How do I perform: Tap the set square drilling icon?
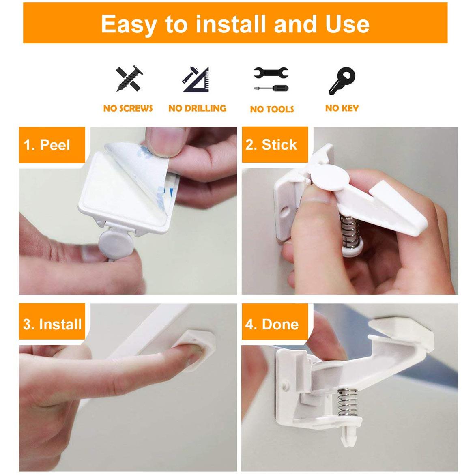click(197, 80)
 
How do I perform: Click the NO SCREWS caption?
click(128, 108)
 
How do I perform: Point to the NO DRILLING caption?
click(197, 108)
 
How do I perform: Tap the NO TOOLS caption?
click(272, 109)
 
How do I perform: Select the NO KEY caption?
click(342, 108)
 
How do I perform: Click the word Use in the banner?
click(347, 24)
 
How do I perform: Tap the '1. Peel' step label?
click(47, 145)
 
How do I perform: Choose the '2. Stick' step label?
click(271, 145)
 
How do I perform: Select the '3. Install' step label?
click(52, 325)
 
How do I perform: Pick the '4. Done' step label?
click(272, 325)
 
